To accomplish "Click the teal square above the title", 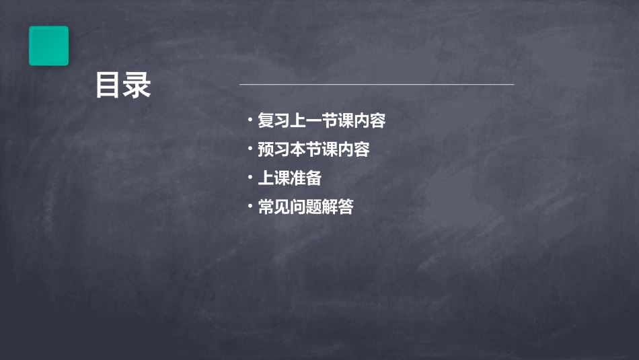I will [x=48, y=46].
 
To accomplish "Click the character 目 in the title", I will [x=108, y=85].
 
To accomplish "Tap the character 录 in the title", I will [x=137, y=85].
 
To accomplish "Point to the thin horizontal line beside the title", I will [x=377, y=85].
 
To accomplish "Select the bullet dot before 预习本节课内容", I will [x=250, y=149].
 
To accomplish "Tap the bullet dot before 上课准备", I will [x=250, y=178].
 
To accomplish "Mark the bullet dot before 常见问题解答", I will [x=250, y=206].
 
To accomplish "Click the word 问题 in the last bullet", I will [x=305, y=207].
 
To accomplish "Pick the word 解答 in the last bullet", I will [x=338, y=207].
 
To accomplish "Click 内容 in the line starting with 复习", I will [x=369, y=121].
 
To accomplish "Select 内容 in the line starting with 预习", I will [x=354, y=149].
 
